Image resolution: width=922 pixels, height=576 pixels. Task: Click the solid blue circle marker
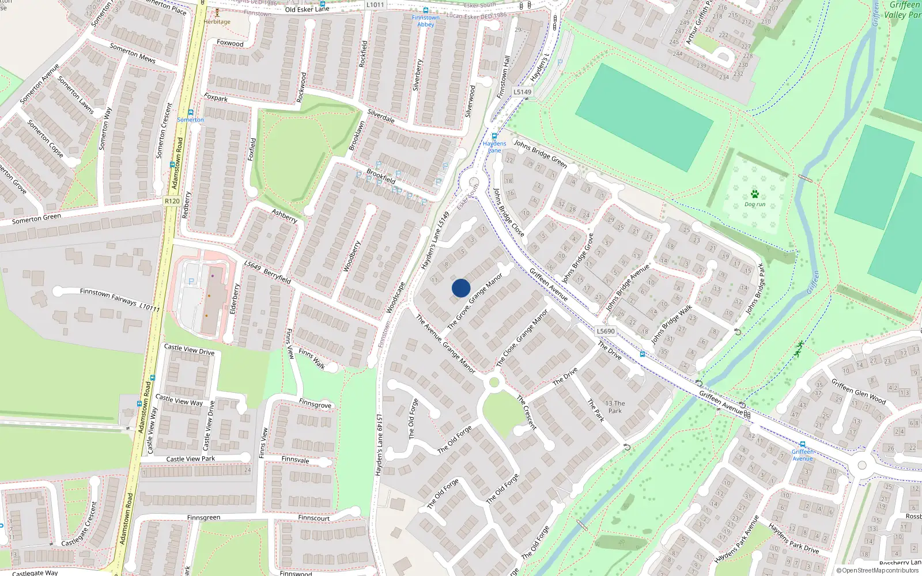[461, 287]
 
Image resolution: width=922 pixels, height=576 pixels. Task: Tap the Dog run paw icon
[755, 195]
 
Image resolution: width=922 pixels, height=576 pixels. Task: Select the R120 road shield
[172, 201]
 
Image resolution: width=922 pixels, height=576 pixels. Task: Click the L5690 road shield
[606, 331]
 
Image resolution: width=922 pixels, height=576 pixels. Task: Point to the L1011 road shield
[375, 5]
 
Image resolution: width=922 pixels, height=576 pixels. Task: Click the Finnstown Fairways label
[108, 297]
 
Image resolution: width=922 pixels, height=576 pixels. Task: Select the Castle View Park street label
[190, 459]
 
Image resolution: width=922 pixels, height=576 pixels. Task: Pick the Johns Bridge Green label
[540, 154]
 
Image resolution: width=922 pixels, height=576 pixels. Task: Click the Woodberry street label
[352, 256]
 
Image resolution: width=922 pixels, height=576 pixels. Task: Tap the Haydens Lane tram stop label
[494, 147]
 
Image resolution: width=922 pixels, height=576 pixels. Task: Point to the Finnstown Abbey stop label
[425, 21]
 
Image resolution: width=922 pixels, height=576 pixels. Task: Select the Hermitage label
[217, 22]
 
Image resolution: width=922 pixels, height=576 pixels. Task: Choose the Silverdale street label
[381, 116]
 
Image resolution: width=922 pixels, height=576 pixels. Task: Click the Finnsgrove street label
[315, 404]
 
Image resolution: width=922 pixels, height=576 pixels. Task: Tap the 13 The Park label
[615, 407]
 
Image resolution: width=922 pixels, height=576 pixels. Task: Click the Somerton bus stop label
[190, 120]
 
